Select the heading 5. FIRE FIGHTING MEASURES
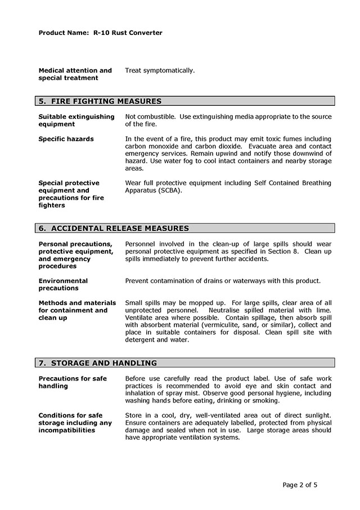[100, 101]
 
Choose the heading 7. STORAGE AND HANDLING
[97, 363]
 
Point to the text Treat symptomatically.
[160, 70]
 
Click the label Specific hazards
[66, 138]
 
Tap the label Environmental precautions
[63, 284]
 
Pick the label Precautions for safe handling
[73, 382]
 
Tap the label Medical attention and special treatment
[75, 74]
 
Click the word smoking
[265, 401]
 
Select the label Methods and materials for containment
[76, 306]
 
